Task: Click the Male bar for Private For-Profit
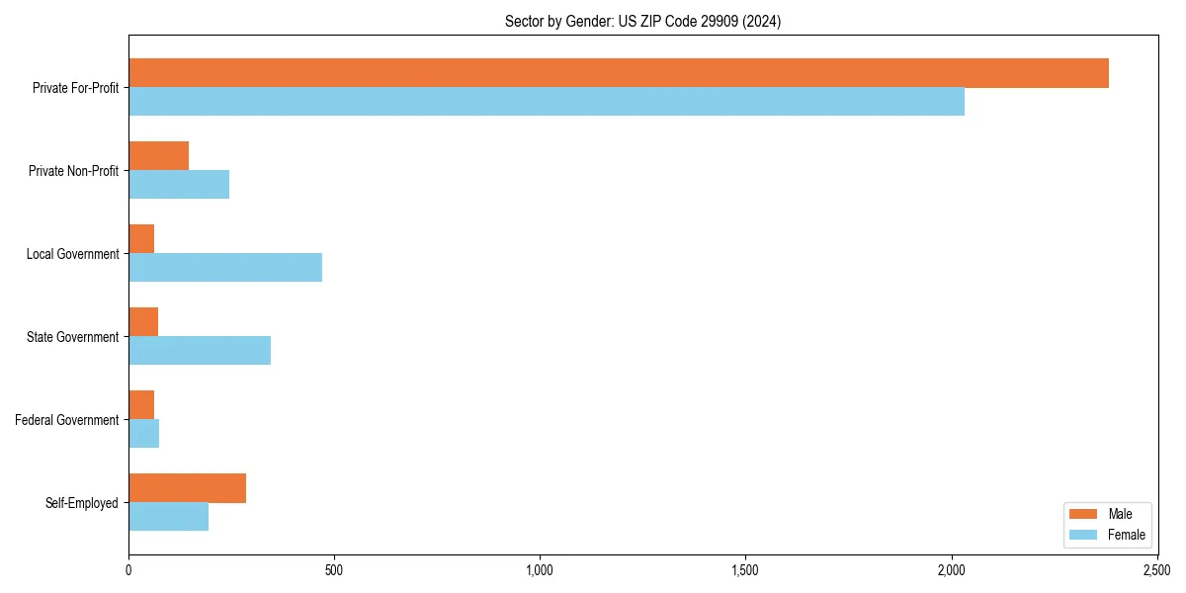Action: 619,73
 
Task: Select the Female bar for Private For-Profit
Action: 547,102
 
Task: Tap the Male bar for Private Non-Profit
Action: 158,156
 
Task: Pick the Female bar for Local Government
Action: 225,267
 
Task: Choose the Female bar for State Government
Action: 200,350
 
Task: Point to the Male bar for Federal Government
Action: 141,405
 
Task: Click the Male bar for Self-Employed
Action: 187,488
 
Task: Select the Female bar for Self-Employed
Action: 168,516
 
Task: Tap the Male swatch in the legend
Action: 1084,514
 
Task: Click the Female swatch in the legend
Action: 1084,535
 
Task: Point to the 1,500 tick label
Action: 745,570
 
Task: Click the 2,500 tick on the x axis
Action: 1157,570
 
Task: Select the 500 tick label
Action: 334,570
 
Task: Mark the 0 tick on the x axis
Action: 128,570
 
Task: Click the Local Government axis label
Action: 72,254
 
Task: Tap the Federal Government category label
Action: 67,420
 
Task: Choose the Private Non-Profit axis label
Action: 73,171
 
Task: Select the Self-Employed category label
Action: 82,503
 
